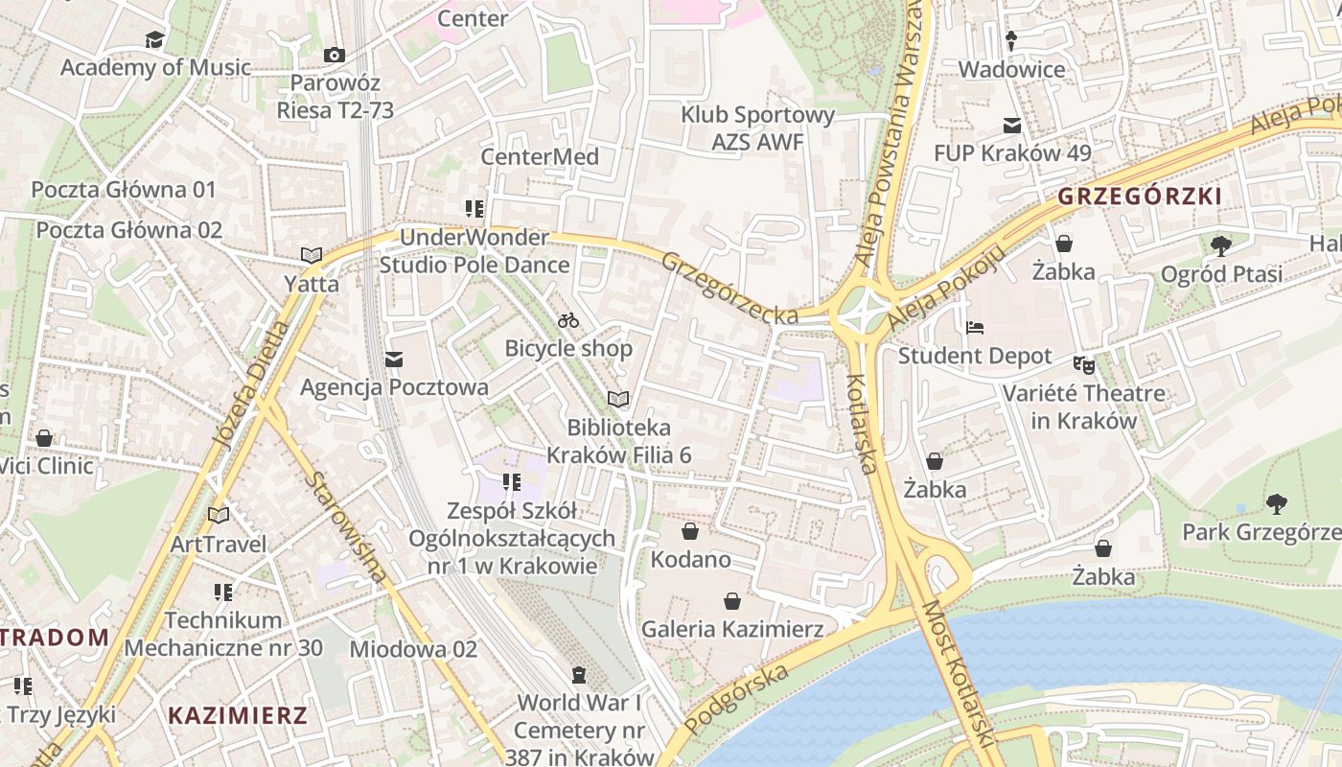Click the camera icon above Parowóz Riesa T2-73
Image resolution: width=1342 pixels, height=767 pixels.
(334, 55)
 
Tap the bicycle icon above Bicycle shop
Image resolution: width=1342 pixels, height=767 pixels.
(568, 319)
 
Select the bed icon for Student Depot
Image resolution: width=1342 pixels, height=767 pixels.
(975, 327)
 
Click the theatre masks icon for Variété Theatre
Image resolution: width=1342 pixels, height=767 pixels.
(1083, 363)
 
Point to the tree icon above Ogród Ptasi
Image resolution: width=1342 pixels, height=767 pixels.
(1220, 245)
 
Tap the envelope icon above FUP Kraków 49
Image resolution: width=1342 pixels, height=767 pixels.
(1011, 125)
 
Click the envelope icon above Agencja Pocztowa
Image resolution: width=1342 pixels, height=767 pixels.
(393, 360)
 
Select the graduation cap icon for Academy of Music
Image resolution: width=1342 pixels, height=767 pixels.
(154, 39)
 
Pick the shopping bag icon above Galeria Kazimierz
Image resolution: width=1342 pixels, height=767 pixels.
(732, 601)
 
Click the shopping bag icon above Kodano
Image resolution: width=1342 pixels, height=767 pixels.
(689, 531)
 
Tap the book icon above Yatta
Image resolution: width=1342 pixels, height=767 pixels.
(311, 255)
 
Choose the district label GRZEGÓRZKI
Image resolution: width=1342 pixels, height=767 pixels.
(1140, 197)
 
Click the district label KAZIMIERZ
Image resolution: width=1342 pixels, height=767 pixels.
(238, 715)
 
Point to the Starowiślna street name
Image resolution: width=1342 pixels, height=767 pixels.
(348, 527)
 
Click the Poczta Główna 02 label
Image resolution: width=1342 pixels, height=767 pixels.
(129, 230)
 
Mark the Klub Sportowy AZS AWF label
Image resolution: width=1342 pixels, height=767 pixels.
(757, 128)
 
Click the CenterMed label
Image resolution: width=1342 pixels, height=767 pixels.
(540, 157)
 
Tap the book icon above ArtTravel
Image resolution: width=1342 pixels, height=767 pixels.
(219, 515)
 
